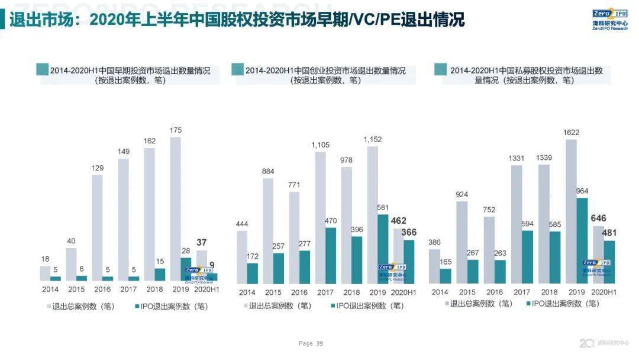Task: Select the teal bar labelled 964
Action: (582, 240)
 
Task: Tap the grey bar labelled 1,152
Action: (373, 214)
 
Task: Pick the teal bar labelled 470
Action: (331, 255)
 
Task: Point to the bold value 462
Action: (399, 221)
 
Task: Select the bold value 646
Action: (598, 218)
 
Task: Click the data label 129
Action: (97, 168)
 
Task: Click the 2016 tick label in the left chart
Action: (102, 290)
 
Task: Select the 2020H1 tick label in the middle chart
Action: (405, 292)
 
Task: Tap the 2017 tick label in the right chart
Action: (521, 292)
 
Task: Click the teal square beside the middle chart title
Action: (237, 70)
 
